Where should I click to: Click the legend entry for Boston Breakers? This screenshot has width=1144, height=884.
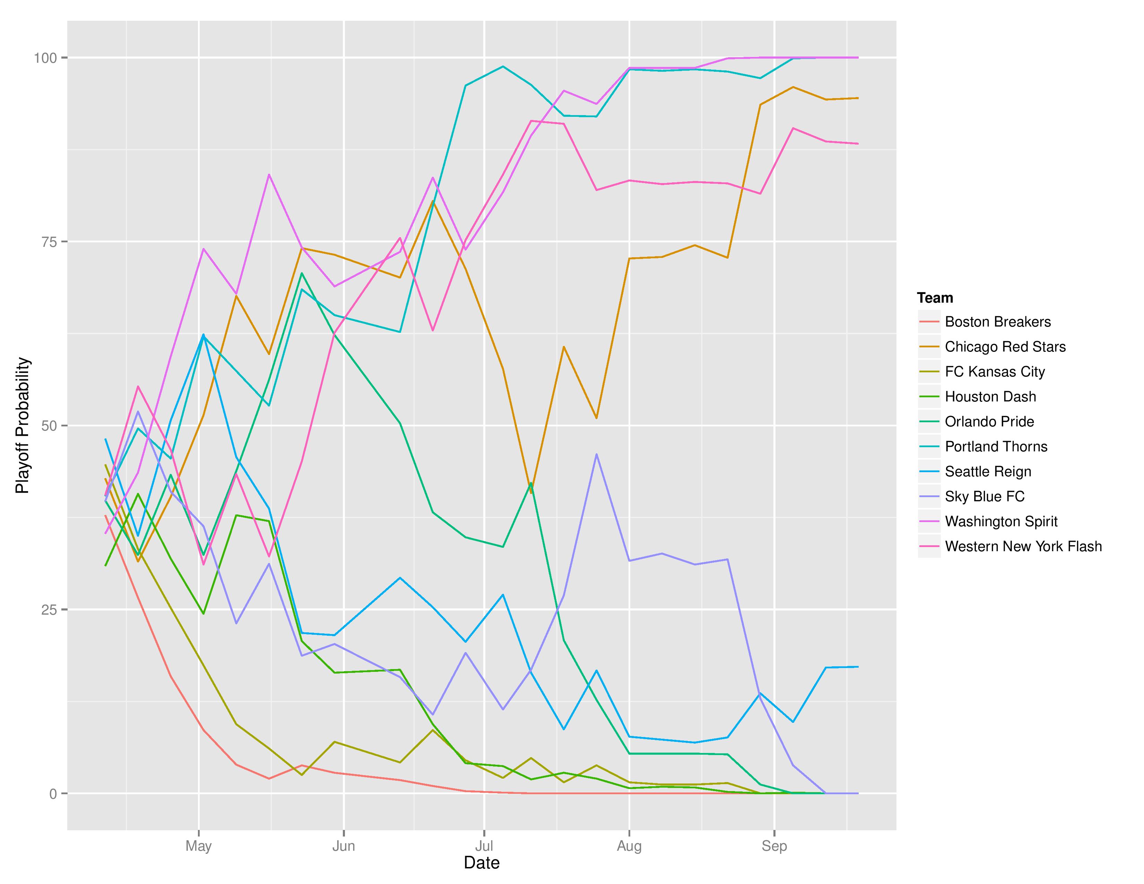point(997,322)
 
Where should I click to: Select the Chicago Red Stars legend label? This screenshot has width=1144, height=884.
point(1005,347)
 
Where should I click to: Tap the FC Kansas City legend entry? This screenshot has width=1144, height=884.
point(994,372)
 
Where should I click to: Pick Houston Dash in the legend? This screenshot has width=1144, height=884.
point(990,397)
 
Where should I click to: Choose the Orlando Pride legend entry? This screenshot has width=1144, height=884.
point(989,422)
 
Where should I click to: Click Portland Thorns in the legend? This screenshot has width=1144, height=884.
point(996,447)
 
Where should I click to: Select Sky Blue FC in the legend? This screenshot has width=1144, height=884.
point(984,496)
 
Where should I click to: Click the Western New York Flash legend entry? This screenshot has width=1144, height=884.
point(1023,546)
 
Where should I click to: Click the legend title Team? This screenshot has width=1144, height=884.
point(935,298)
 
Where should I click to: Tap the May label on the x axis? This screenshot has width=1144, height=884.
point(199,846)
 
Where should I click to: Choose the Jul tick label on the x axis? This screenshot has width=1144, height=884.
point(484,846)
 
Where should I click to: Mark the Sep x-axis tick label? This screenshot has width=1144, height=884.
point(774,846)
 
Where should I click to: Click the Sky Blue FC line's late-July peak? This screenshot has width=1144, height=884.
point(597,454)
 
